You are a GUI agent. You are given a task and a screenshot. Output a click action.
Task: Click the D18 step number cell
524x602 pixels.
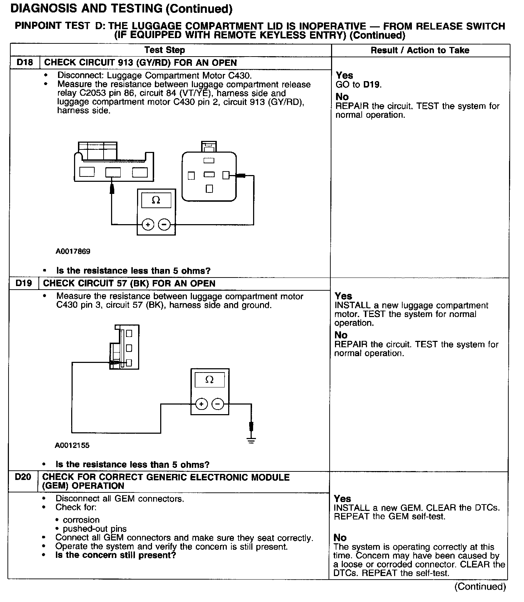[x=25, y=63]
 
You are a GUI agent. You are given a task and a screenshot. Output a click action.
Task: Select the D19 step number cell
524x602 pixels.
[x=23, y=284]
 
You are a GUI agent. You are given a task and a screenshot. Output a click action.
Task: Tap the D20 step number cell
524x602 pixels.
[x=23, y=477]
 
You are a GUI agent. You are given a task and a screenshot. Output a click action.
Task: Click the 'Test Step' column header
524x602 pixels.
[x=164, y=50]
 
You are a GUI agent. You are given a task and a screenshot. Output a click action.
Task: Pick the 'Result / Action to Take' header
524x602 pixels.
[x=420, y=50]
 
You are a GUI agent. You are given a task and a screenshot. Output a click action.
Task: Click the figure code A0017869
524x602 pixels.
[x=73, y=251]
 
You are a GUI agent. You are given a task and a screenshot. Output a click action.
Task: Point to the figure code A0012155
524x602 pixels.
[x=72, y=445]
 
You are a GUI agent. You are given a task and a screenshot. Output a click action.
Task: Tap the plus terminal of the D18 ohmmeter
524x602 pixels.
[x=148, y=225]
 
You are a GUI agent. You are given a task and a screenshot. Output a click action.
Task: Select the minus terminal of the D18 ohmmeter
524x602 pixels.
[x=164, y=225]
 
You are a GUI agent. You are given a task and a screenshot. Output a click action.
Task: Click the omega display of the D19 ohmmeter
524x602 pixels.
[x=210, y=380]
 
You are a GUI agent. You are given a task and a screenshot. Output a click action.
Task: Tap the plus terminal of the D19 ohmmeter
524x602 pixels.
[x=201, y=404]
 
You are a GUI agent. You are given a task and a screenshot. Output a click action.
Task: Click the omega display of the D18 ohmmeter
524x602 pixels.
[x=156, y=200]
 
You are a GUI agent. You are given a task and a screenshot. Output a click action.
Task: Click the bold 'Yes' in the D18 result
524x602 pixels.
[x=344, y=75]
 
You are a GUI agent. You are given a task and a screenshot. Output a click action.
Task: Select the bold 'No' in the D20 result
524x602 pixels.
[x=340, y=538]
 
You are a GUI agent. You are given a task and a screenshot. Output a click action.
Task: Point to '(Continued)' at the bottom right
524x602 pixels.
[x=480, y=587]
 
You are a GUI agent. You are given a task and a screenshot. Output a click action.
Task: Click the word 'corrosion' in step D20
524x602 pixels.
[x=81, y=520]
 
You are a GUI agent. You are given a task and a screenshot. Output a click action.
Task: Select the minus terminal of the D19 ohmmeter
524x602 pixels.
[x=218, y=404]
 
